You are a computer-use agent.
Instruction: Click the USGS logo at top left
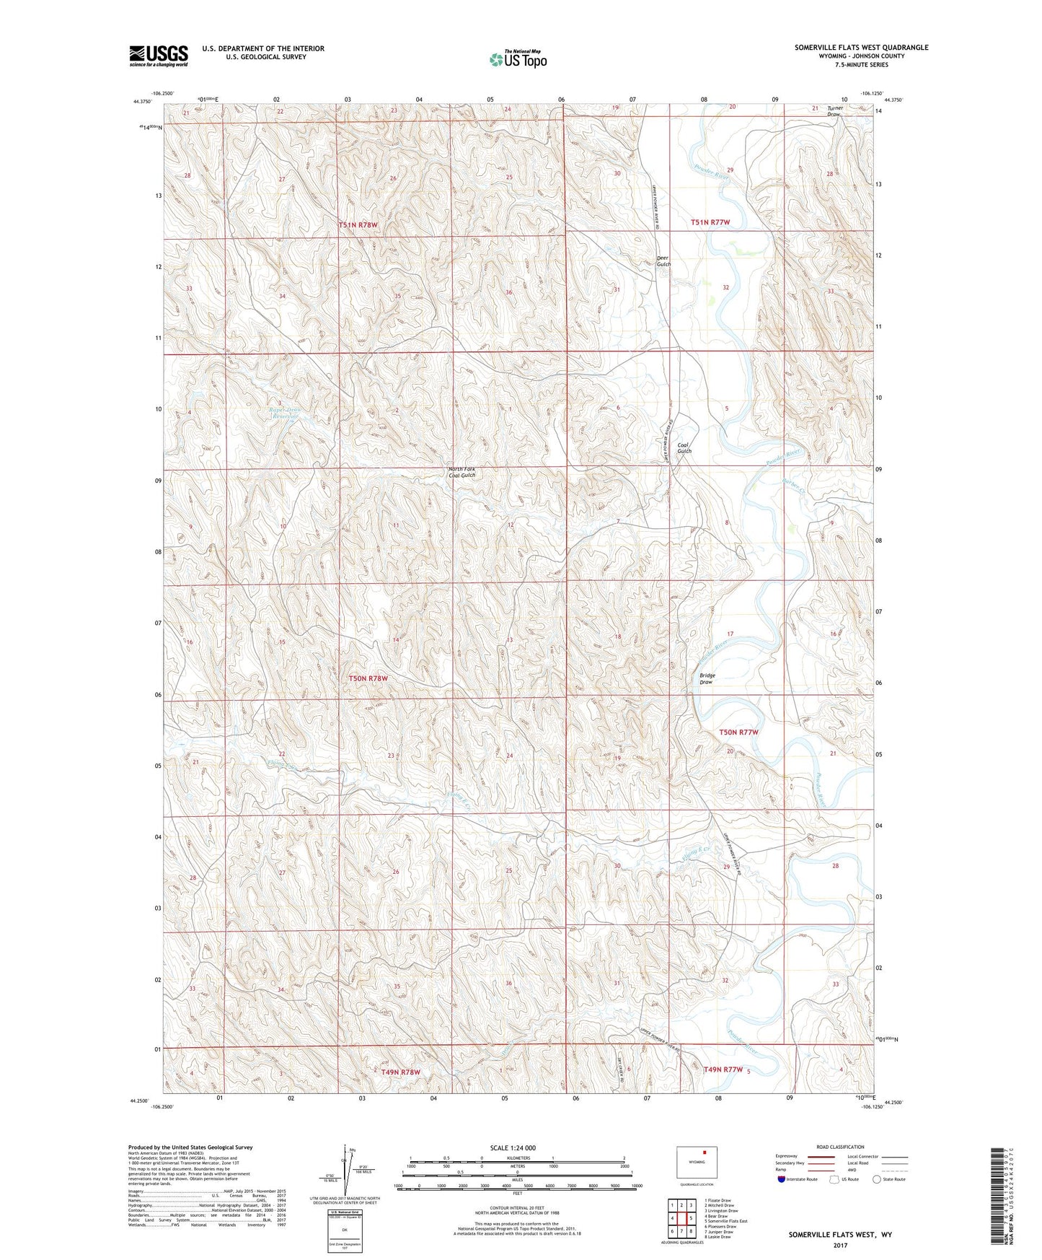pos(159,56)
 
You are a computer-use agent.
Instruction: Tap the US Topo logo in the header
pos(518,59)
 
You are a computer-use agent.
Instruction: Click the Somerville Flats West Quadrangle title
pos(861,48)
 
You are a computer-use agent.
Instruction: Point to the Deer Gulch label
pos(663,261)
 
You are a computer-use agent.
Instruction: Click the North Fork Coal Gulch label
pos(462,472)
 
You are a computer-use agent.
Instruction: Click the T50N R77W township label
pos(739,732)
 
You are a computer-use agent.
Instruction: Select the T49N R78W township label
pos(400,1072)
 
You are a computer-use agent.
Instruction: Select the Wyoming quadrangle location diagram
pos(696,1163)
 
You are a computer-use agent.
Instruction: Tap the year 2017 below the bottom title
pos(839,1245)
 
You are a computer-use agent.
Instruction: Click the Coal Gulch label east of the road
pos(684,448)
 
